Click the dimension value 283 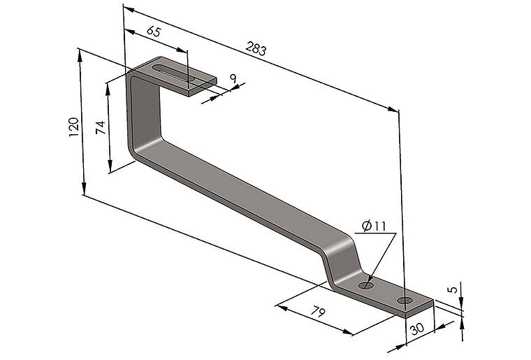click(x=256, y=48)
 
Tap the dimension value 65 click(x=154, y=31)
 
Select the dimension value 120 click(x=74, y=127)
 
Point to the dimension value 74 click(x=101, y=128)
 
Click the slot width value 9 click(x=233, y=79)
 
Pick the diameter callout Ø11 click(x=374, y=226)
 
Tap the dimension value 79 click(x=318, y=312)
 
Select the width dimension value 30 click(x=417, y=329)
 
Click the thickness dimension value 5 click(x=453, y=289)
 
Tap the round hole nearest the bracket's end click(x=405, y=300)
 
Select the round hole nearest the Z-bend click(x=365, y=285)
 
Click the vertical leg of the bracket click(x=144, y=112)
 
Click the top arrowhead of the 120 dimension click(x=80, y=55)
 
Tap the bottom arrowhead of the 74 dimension click(x=110, y=166)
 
